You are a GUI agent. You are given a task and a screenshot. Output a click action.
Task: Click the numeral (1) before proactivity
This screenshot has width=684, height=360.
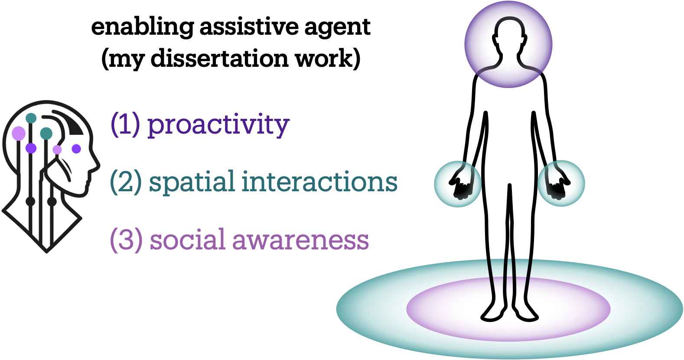tap(125, 124)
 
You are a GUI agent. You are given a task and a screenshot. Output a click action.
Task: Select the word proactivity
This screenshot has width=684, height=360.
tap(218, 125)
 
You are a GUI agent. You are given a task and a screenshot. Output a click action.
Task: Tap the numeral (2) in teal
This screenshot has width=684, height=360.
tap(126, 182)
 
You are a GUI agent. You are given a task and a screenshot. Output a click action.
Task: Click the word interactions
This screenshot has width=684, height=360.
tap(319, 182)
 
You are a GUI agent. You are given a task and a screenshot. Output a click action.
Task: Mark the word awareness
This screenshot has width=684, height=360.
tap(301, 240)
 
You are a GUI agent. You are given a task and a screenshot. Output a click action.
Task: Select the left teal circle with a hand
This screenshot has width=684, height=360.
tap(458, 184)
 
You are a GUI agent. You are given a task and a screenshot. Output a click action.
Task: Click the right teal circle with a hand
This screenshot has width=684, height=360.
tap(561, 184)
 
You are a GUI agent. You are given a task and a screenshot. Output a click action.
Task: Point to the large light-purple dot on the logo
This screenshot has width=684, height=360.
tap(18, 133)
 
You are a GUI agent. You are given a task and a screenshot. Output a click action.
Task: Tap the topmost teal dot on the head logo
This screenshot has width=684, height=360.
tap(31, 118)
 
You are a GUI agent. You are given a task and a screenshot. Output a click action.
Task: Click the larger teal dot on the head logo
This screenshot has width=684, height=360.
tap(46, 133)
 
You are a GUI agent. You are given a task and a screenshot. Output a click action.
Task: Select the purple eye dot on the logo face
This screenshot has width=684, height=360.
tap(76, 149)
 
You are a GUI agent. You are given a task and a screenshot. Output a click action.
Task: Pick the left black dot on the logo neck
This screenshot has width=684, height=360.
tap(30, 201)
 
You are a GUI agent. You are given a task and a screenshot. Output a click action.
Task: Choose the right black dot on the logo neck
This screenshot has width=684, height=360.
tap(52, 201)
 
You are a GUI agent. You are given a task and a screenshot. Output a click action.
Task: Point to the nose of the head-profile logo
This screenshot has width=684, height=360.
tap(97, 165)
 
